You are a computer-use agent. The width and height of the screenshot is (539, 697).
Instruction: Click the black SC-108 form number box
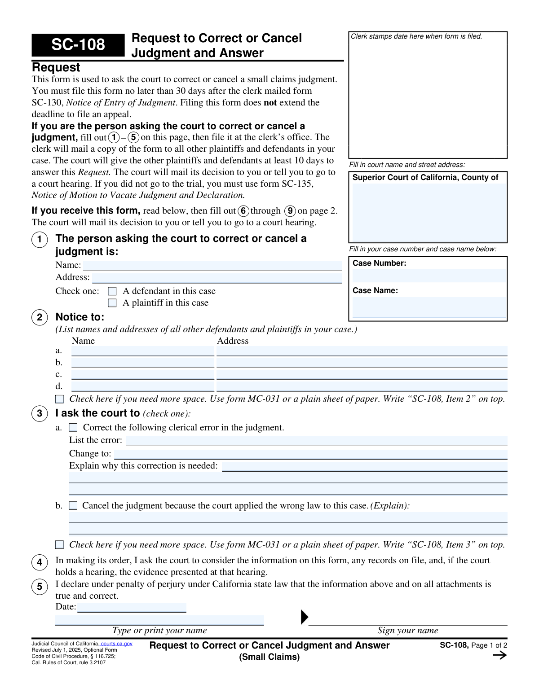(x=78, y=45)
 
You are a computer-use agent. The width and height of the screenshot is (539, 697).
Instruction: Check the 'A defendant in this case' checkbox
(x=112, y=291)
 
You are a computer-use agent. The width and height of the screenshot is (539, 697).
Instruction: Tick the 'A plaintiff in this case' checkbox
(x=112, y=303)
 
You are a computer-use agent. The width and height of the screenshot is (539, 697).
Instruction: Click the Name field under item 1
(x=212, y=266)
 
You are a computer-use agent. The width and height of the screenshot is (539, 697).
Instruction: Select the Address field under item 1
(x=217, y=278)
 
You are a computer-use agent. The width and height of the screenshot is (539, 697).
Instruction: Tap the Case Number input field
(x=429, y=276)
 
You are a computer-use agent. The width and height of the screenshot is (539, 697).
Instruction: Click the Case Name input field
(x=429, y=307)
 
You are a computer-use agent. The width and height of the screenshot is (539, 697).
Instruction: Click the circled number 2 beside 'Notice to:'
(x=40, y=317)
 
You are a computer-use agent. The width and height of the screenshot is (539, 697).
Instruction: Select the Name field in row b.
(x=143, y=363)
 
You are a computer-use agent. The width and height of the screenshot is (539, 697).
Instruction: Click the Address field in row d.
(x=362, y=386)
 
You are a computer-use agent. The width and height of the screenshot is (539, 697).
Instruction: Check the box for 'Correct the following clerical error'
(x=73, y=428)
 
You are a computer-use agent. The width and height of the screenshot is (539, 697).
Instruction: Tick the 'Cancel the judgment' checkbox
(x=73, y=506)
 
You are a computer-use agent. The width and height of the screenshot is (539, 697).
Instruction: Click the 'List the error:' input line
(x=317, y=441)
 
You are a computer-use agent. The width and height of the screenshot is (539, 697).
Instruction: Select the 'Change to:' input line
(x=311, y=454)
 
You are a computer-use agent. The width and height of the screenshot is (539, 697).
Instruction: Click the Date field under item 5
(x=132, y=608)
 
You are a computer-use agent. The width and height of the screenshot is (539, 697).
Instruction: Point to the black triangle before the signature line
(x=304, y=617)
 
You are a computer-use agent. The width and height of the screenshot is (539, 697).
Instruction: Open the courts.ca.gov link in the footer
(x=117, y=644)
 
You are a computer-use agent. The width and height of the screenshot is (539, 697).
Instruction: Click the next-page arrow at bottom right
(x=499, y=655)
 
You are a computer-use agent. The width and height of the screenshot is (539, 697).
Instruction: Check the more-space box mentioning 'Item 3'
(x=59, y=545)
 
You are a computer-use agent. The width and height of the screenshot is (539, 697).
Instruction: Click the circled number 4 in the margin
(x=40, y=562)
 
